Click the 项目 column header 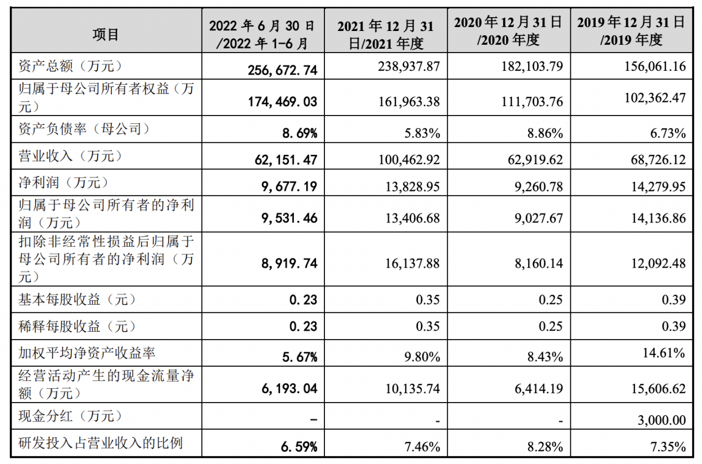click(x=105, y=34)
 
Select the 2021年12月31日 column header click(x=385, y=34)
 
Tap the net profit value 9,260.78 click(x=534, y=186)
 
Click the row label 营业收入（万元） click(x=70, y=157)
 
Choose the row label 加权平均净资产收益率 click(x=85, y=352)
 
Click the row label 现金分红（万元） click(x=70, y=416)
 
